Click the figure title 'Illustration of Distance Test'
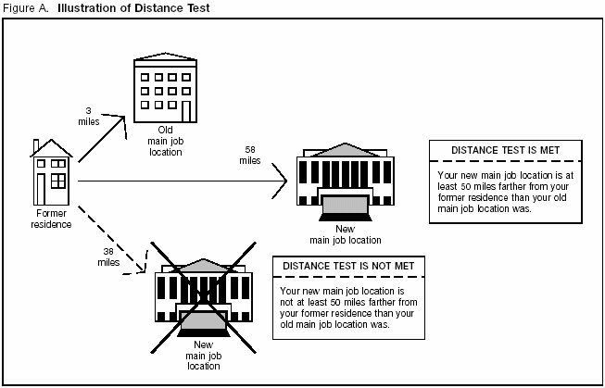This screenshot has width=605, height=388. (x=135, y=8)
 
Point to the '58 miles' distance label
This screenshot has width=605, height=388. (x=250, y=155)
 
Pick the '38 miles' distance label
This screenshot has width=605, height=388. (x=107, y=257)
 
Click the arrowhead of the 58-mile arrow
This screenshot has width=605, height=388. (x=281, y=187)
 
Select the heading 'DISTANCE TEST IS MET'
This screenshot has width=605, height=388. (x=504, y=149)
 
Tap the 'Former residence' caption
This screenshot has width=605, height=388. (x=52, y=219)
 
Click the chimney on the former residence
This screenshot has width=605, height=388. (x=35, y=146)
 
